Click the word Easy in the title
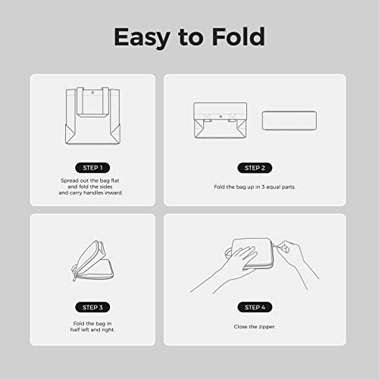[142, 38]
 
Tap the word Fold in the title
[238, 36]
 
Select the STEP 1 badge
[92, 168]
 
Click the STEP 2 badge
[255, 168]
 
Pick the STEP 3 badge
[92, 307]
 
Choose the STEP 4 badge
[255, 307]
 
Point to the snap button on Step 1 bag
[92, 92]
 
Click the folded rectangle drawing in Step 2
[290, 121]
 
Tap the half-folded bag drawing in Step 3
[93, 261]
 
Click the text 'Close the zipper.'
[255, 327]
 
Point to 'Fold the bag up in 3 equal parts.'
[255, 187]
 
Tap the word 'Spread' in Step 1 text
[70, 181]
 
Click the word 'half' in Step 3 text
[75, 330]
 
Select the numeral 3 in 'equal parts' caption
[263, 187]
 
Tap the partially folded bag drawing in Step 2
[221, 121]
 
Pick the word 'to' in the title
[191, 38]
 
